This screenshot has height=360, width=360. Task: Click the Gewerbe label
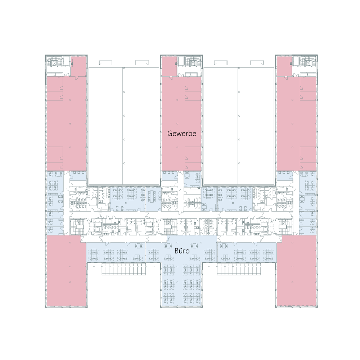click(182, 134)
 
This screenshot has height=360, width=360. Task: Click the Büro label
click(182, 251)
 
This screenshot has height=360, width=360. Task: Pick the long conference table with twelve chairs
click(153, 196)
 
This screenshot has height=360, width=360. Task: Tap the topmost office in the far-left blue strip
click(55, 182)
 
